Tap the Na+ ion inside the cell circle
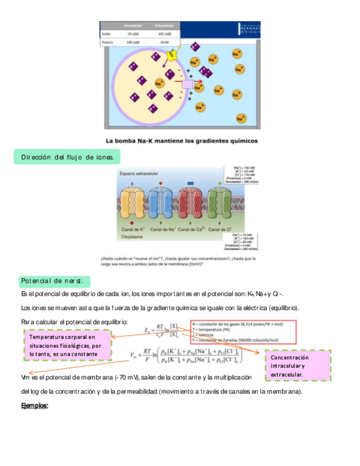tap(159, 83)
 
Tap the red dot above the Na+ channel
tap(160, 182)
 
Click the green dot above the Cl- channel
tap(220, 182)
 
